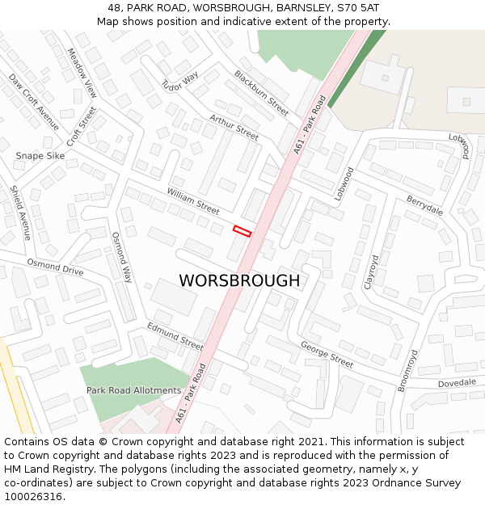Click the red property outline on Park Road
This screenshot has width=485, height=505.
(x=242, y=230)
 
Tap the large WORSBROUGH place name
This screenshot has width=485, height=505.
(x=238, y=280)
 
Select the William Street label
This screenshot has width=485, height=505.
(x=193, y=200)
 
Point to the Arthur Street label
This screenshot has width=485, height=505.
(x=234, y=127)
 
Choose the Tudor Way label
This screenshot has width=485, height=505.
(x=179, y=82)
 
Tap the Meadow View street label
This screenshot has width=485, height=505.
(x=82, y=73)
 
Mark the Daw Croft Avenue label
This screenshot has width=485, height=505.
(x=34, y=102)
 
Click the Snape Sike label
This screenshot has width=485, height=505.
(x=40, y=155)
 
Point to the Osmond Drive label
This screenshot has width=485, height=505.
(x=55, y=267)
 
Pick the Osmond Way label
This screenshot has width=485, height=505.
(x=121, y=257)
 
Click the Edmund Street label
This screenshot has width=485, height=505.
(x=175, y=336)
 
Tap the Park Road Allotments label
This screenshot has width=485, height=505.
(x=133, y=390)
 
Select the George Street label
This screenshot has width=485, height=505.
(x=327, y=354)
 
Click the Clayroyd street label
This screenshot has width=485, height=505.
(x=371, y=272)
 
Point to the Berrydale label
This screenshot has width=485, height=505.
(x=424, y=205)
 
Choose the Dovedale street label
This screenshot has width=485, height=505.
(x=458, y=383)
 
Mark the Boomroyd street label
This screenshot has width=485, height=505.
(x=407, y=371)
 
